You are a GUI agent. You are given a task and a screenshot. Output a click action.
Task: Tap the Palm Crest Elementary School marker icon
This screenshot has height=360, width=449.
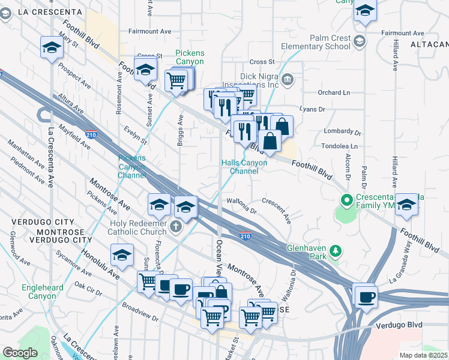tap(360, 41)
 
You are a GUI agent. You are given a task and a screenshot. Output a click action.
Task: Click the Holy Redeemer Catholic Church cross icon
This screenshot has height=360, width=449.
tap(175, 226)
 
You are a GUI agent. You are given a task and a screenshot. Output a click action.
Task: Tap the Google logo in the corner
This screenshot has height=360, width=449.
tap(20, 353)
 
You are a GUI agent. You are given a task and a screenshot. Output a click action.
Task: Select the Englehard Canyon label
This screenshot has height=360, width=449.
tap(43, 292)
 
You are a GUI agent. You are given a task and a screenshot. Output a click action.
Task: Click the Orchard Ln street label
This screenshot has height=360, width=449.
tap(334, 92)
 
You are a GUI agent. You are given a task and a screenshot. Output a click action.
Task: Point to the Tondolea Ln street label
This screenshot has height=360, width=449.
tap(337, 146)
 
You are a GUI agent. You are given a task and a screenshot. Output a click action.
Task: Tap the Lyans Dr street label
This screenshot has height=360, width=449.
tap(312, 109)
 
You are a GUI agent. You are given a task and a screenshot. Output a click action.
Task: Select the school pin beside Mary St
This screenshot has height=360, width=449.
tap(52, 47)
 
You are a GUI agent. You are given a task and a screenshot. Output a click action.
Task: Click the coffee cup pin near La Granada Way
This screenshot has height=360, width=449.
tap(366, 296)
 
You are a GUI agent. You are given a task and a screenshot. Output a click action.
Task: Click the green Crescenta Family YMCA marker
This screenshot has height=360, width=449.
tap(345, 200)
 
